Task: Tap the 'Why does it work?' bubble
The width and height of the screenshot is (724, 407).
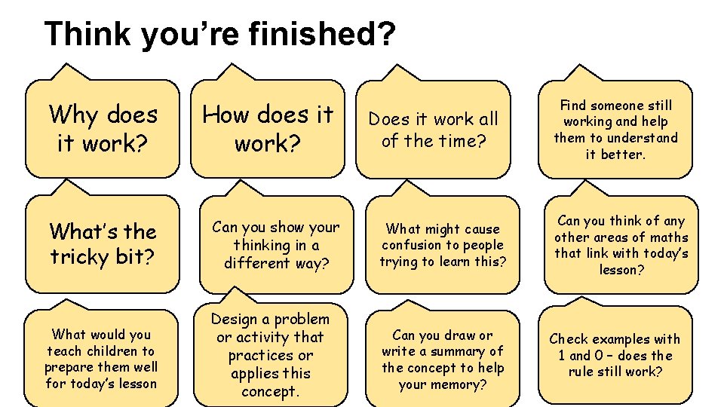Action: (x=103, y=128)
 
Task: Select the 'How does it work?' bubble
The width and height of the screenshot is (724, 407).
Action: (x=268, y=128)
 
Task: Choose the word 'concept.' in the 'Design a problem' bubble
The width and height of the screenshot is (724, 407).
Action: (x=271, y=391)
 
